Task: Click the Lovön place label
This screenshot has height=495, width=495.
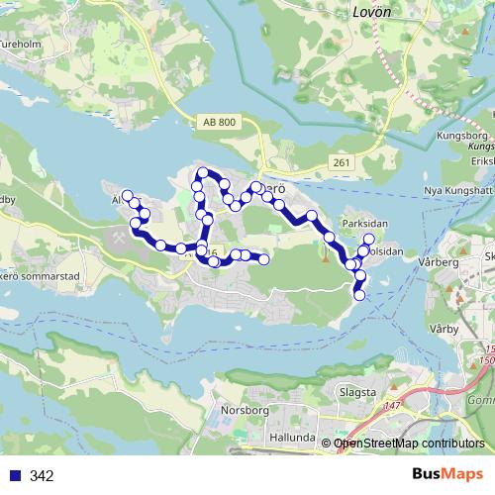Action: click(x=372, y=13)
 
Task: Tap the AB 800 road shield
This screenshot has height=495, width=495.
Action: click(x=220, y=122)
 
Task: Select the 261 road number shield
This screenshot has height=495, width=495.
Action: click(x=343, y=162)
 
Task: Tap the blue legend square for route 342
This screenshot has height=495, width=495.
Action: click(x=14, y=476)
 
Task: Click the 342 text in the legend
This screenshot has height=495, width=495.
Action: click(x=42, y=476)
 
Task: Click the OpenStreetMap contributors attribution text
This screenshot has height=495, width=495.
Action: click(x=409, y=444)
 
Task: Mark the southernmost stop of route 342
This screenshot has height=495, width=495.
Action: click(x=359, y=295)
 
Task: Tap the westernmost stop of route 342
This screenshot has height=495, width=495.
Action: click(x=127, y=195)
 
